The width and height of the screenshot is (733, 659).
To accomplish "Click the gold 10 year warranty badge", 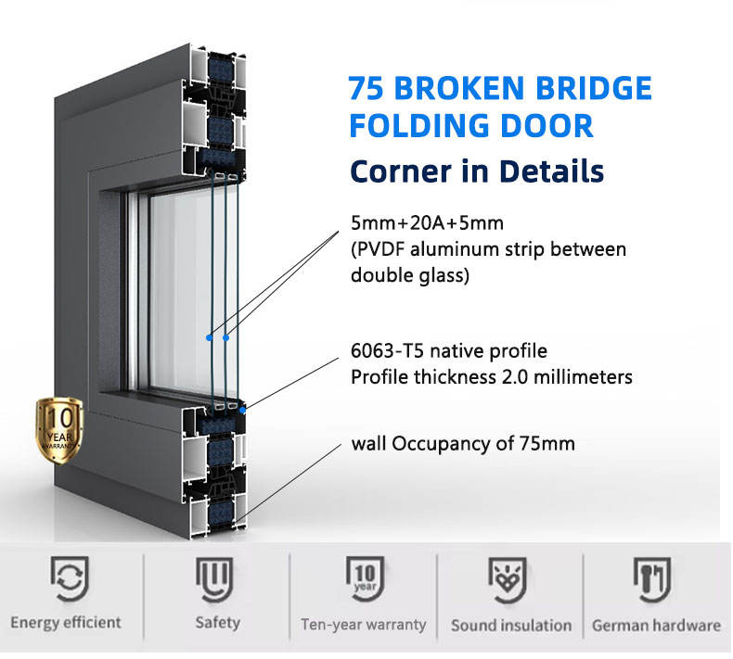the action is tap(58, 429).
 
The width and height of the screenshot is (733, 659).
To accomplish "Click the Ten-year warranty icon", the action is tap(363, 580).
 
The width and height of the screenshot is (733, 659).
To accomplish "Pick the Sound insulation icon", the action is tap(509, 580).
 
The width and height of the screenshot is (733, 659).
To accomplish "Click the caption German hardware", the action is tap(656, 625).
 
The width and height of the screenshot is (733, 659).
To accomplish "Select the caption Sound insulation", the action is tap(510, 625).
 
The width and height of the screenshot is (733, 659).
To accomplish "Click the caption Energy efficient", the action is tap(66, 623).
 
